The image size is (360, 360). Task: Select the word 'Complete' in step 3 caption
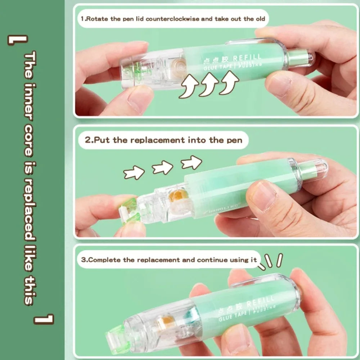104,260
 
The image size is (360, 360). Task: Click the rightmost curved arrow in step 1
229,83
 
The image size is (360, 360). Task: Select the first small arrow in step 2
134,173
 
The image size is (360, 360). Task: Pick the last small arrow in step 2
191,162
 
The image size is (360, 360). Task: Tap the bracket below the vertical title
44,319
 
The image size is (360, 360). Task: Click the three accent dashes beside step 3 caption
272,261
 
